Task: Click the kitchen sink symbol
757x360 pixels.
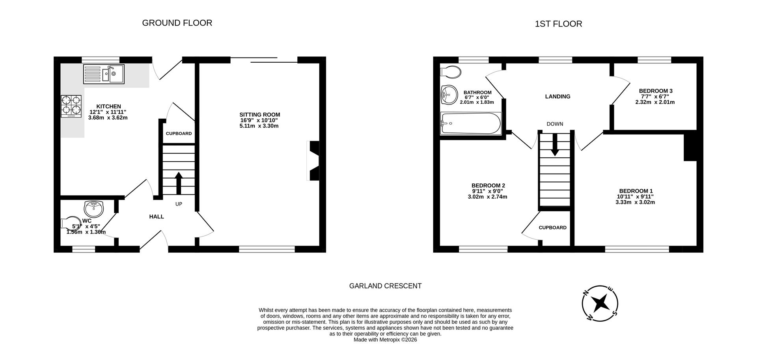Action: tap(104, 74)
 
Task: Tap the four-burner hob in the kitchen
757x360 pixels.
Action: tap(71, 106)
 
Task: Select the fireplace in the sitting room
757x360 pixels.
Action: tap(313, 161)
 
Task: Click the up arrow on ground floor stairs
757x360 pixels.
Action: tap(179, 183)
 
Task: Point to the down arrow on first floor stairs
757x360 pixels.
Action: tap(555, 145)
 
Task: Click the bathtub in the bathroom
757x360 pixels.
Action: tap(470, 123)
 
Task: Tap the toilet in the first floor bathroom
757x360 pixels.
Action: tap(450, 72)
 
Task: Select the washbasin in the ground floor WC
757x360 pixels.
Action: tap(93, 208)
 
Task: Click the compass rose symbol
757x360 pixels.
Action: tap(600, 303)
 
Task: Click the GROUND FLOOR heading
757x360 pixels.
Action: tap(177, 23)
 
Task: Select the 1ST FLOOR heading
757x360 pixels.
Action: tap(558, 24)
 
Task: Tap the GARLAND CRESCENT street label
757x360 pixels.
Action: tap(385, 286)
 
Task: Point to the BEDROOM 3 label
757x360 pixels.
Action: tap(655, 91)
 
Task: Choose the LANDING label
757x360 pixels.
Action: tap(557, 97)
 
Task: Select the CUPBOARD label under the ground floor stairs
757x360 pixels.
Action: tap(179, 134)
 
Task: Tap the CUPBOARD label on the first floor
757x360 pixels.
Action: tap(552, 228)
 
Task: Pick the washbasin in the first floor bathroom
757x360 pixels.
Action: tap(449, 95)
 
